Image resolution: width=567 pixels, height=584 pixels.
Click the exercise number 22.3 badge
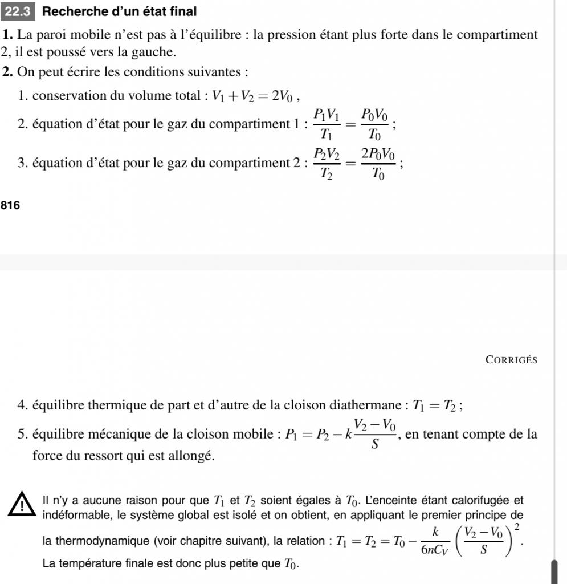19,11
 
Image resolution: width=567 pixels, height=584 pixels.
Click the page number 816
11,205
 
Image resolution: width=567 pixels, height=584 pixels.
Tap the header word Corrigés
511,359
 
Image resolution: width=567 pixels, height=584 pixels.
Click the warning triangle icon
22,505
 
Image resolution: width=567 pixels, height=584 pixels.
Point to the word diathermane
367,406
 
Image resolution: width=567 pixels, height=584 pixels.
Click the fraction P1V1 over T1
327,124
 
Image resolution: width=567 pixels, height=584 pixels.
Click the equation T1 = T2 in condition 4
435,406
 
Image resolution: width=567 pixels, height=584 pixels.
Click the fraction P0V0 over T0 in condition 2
373,124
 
